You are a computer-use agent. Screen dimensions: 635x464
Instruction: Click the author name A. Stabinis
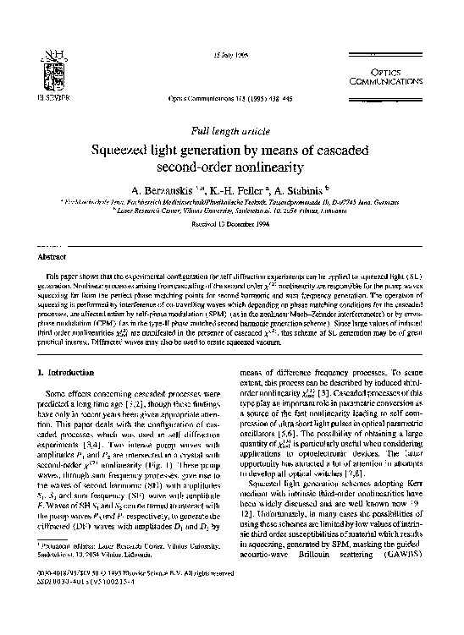click(303, 191)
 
